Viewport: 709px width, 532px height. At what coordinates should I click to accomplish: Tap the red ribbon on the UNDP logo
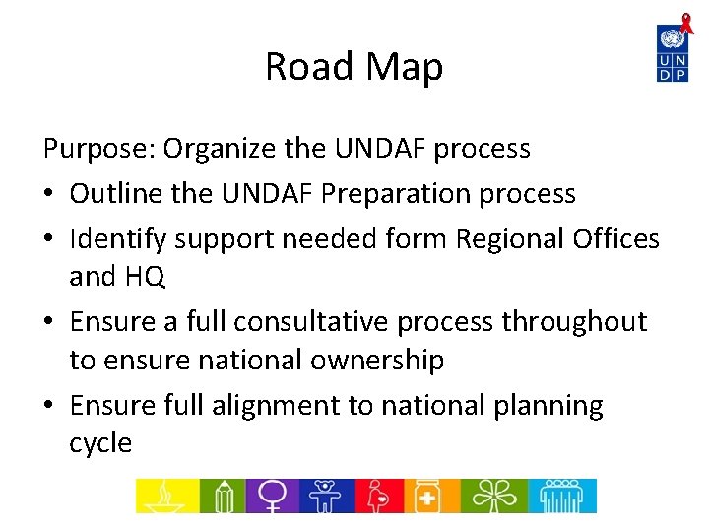(685, 21)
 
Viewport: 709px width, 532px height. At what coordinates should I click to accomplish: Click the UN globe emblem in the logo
(673, 40)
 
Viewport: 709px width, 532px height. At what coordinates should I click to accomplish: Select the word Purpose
(96, 149)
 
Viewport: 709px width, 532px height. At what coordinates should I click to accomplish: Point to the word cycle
(100, 443)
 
